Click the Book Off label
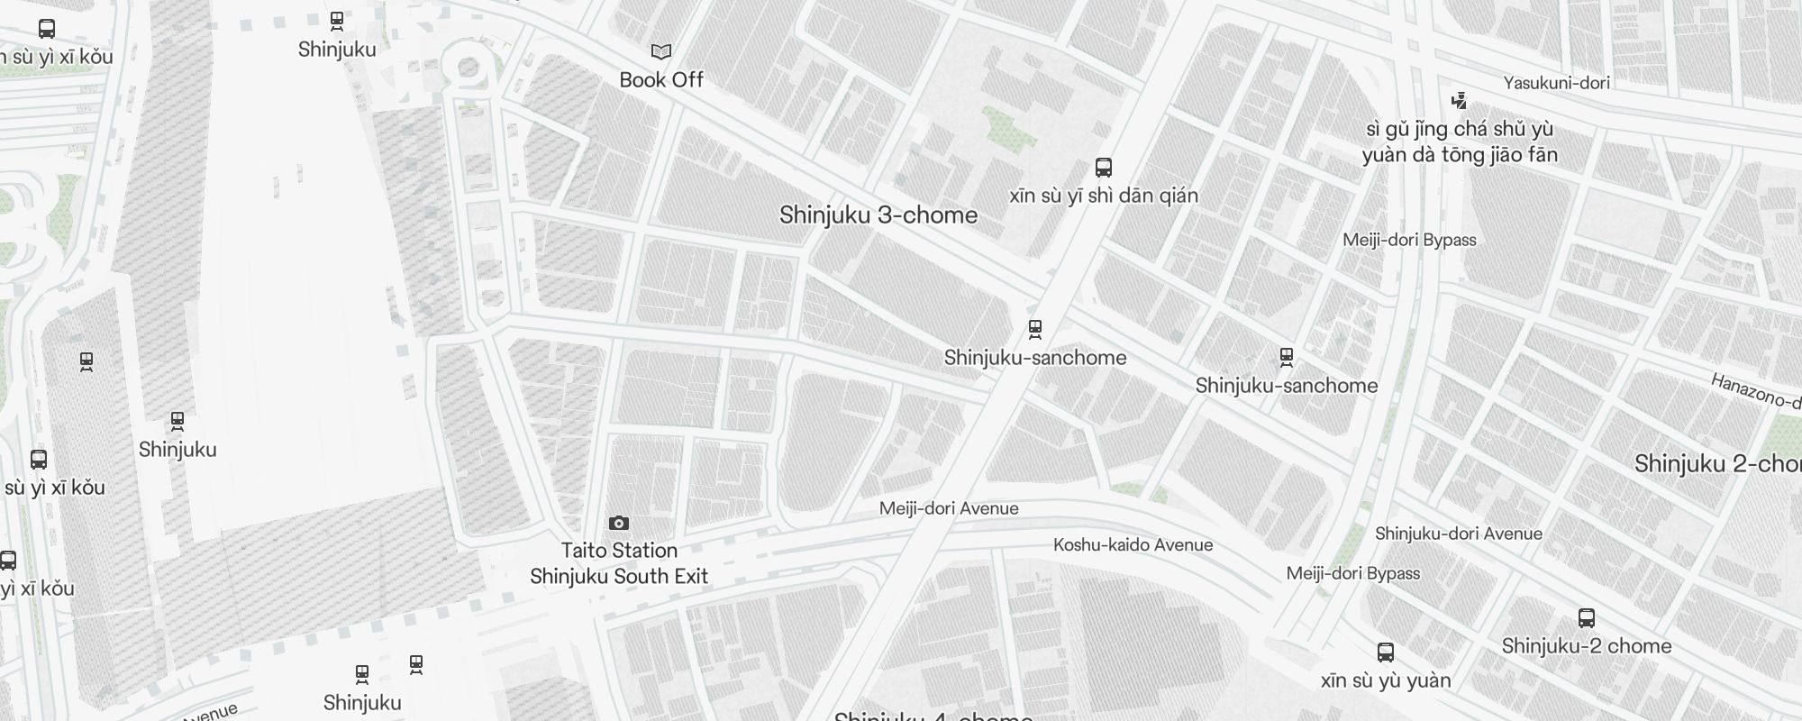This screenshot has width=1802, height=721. point(661,80)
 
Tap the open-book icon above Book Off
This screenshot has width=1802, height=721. point(661,52)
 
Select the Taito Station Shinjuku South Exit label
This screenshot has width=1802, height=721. point(619,563)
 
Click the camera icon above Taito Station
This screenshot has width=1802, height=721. point(619,524)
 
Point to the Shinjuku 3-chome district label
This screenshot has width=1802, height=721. point(878,215)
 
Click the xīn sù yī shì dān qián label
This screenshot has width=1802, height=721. point(1104,196)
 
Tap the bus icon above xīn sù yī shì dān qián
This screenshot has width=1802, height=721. point(1104,168)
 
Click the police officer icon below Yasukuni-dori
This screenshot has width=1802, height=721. point(1460,101)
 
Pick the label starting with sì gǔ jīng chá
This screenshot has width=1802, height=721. point(1460,141)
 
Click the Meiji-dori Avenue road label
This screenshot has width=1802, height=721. point(949,508)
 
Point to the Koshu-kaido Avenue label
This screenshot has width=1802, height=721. point(1133,544)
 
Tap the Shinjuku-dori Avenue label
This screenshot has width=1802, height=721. point(1458,534)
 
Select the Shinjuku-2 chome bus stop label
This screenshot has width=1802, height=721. point(1586,646)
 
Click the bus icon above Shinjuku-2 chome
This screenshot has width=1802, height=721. point(1587,618)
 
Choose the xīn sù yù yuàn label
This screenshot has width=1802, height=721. point(1386,680)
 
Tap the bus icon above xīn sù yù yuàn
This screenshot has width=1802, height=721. point(1386,653)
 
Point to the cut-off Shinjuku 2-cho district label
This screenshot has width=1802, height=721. point(1717,464)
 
